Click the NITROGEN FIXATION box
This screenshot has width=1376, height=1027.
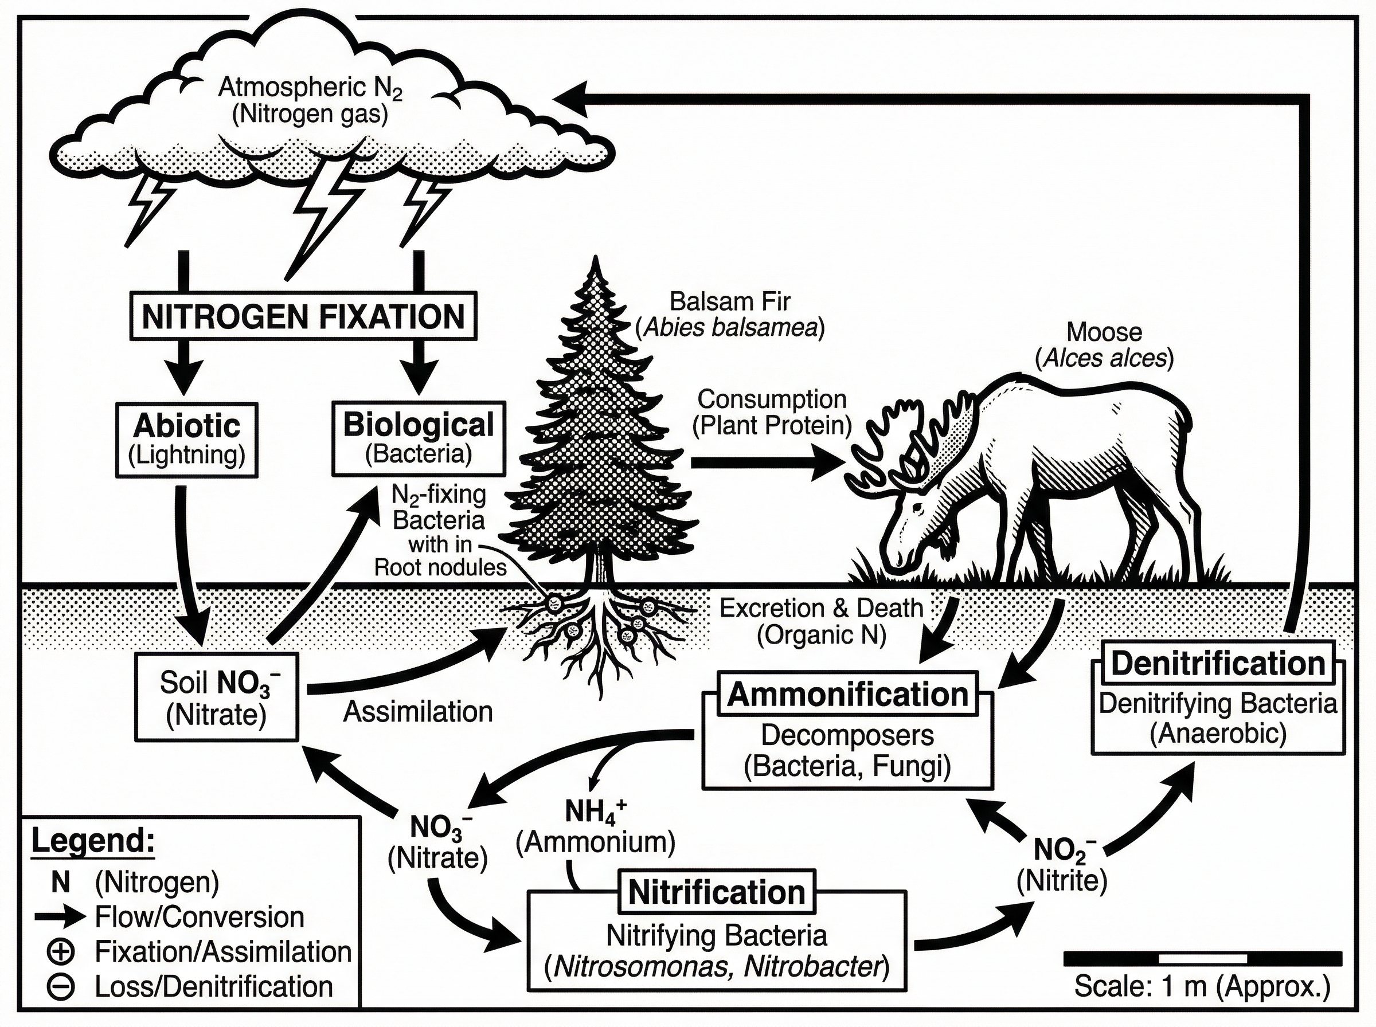pos(303,316)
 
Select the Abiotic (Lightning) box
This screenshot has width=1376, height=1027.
pos(186,440)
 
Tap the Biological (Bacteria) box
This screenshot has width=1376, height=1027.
pos(419,438)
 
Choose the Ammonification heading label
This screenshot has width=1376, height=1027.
pos(847,695)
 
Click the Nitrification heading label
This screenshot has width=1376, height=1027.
pos(716,892)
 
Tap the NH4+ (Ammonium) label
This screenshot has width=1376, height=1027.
pos(596,827)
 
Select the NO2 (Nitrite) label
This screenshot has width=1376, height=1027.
pos(1062,864)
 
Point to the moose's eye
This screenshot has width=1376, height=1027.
pos(918,508)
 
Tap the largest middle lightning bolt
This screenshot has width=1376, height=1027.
pos(323,211)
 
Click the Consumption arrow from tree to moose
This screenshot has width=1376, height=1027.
pos(765,462)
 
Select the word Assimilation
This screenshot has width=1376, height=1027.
pos(418,712)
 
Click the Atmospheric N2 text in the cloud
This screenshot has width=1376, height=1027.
pos(310,88)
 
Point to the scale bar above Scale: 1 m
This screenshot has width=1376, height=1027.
pos(1202,958)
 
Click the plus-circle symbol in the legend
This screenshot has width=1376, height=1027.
pos(61,952)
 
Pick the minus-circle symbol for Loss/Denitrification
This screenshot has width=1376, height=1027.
pos(61,986)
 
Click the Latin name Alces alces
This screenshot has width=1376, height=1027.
pos(1104,358)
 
